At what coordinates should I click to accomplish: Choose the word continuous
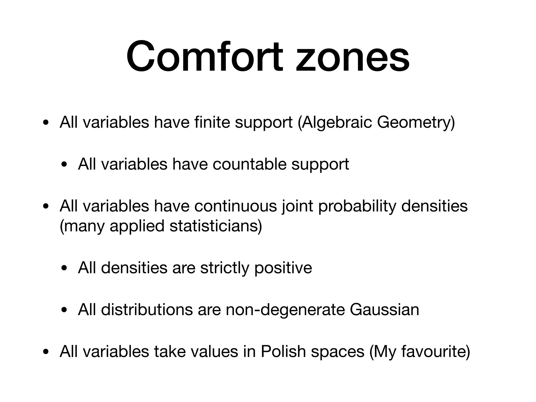pos(236,206)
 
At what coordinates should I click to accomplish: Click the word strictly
pos(225,268)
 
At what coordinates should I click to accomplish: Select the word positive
pos(283,268)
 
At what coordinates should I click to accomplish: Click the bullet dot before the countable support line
pos(64,165)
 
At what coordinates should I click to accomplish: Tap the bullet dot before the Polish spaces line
pos(46,352)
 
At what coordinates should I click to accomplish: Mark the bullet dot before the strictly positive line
pos(64,269)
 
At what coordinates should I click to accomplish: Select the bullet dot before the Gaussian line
pos(64,310)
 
